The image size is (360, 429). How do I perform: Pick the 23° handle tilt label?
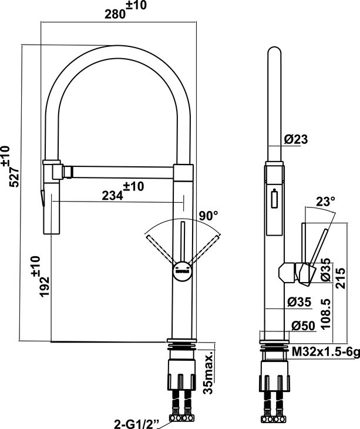325,202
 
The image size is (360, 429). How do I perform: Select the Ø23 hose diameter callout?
296,139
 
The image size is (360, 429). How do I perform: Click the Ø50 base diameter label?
304,326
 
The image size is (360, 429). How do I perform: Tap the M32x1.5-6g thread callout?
325,352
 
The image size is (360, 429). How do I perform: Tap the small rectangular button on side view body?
274,198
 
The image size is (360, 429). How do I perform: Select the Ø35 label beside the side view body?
299,302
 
